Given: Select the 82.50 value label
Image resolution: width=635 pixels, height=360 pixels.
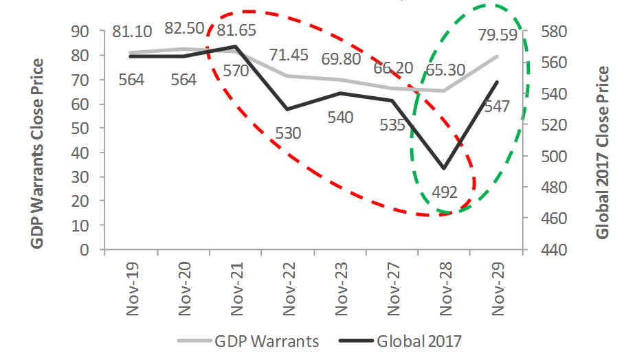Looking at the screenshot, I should [184, 29].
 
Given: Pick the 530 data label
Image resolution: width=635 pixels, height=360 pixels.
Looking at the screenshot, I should [289, 133].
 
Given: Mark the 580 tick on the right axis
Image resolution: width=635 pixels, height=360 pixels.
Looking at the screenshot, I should [542, 32].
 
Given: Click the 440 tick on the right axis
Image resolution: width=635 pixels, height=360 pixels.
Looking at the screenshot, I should [542, 249].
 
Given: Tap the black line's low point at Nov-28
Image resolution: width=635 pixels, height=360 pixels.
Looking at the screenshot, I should [445, 168].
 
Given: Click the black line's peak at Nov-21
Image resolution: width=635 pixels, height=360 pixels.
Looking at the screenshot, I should [235, 47].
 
